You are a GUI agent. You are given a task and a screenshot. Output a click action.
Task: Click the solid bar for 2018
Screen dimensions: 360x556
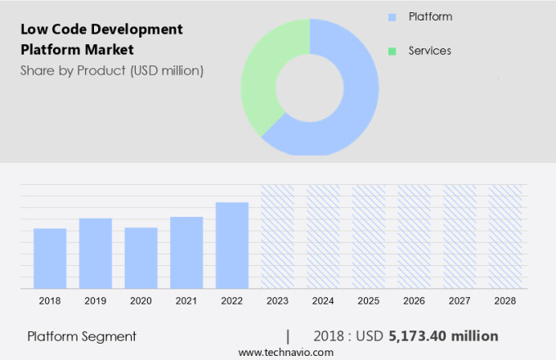[50, 258]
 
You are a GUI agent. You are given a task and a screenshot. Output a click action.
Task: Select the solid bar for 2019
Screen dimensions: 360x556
[96, 253]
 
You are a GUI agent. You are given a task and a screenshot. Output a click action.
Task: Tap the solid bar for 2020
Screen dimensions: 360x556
[141, 258]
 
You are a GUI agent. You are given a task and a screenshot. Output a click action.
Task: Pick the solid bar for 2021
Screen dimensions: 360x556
[186, 252]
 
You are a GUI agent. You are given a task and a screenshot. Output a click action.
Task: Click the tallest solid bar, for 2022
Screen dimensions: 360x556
[232, 245]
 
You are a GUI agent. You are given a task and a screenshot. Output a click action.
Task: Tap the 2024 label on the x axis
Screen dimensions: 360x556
[323, 301]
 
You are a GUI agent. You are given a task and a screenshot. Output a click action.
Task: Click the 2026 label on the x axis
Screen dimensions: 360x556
[414, 301]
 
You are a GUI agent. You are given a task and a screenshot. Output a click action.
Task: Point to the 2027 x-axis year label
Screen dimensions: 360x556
[460, 301]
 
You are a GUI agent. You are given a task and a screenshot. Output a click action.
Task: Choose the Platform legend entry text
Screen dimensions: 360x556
[430, 16]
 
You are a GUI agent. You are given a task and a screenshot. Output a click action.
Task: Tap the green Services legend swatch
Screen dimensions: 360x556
[392, 51]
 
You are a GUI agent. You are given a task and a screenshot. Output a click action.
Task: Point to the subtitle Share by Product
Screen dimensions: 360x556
[112, 70]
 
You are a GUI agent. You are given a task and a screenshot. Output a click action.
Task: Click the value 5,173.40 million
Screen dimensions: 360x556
[443, 336]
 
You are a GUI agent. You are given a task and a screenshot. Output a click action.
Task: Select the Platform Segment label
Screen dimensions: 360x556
[82, 336]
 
